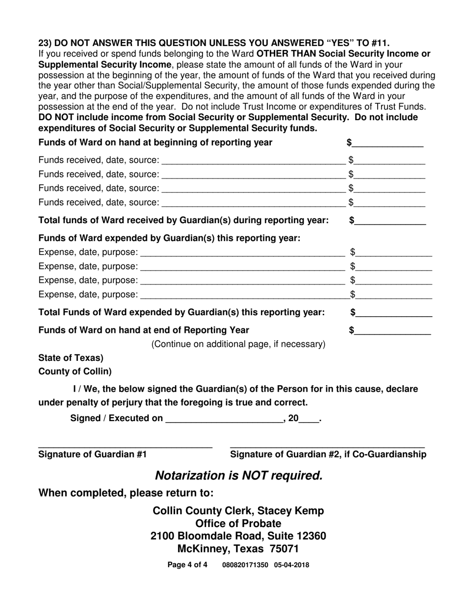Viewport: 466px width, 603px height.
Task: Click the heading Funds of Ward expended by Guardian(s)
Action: point(169,238)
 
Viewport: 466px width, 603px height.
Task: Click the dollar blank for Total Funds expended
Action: point(395,313)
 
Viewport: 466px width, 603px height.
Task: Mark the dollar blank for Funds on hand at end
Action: point(393,330)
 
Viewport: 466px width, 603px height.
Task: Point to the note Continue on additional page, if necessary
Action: point(238,344)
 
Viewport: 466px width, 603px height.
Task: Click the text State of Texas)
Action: point(71,357)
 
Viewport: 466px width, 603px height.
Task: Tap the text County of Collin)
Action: point(75,371)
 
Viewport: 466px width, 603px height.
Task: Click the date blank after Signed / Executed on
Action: point(225,419)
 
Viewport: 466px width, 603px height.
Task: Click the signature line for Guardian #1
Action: point(125,445)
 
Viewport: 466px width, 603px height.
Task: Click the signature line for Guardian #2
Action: point(327,445)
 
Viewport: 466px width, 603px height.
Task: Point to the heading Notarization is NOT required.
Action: point(239,475)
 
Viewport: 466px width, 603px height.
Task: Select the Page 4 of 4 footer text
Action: point(187,565)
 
